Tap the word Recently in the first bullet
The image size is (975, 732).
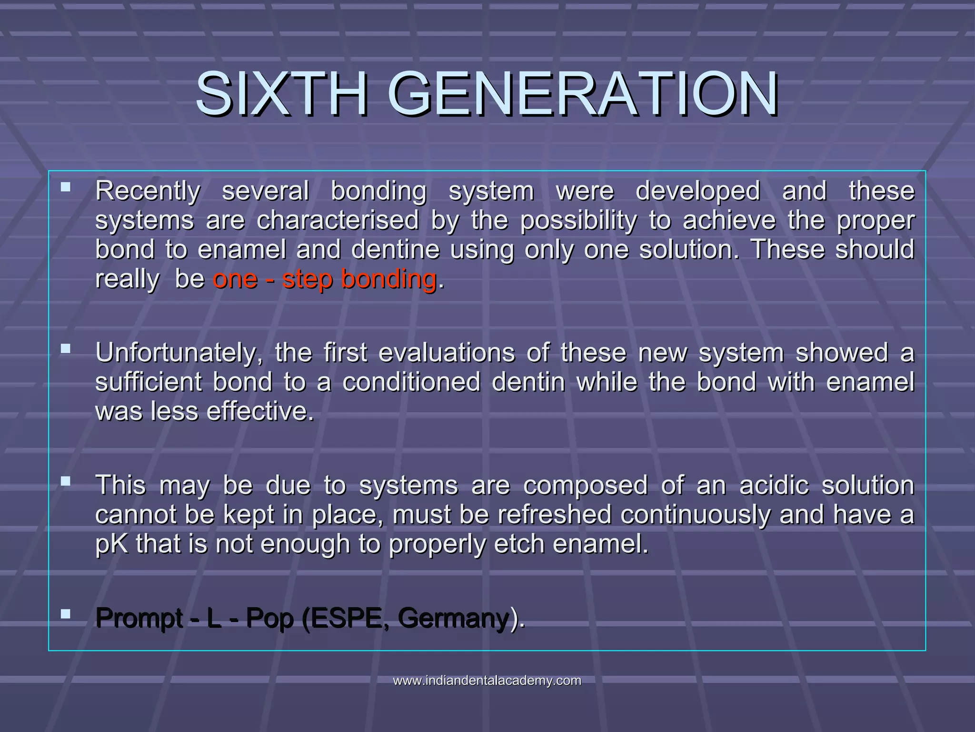pyautogui.click(x=148, y=192)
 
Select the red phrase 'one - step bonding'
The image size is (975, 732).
pyautogui.click(x=324, y=279)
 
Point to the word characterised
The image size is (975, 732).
pyautogui.click(x=338, y=221)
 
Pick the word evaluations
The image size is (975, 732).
pyautogui.click(x=447, y=353)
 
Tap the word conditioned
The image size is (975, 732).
pyautogui.click(x=411, y=382)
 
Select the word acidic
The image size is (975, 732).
pyautogui.click(x=774, y=486)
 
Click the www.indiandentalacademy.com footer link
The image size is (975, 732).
pyautogui.click(x=487, y=681)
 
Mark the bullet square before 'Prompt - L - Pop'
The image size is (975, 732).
pyautogui.click(x=66, y=613)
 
